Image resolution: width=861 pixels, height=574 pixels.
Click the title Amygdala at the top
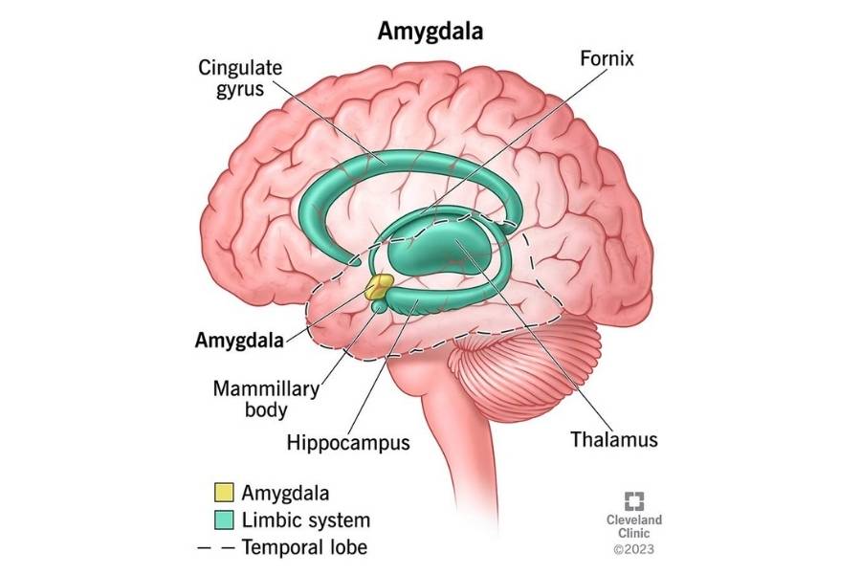click(430, 31)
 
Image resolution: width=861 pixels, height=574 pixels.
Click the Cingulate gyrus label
click(240, 78)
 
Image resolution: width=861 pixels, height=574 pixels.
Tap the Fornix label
click(607, 58)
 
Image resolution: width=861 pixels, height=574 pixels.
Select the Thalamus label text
click(614, 439)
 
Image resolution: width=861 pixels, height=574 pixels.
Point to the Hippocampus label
click(348, 443)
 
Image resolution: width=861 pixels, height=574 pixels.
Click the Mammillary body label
click(266, 399)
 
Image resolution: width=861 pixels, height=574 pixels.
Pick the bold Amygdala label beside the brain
click(239, 340)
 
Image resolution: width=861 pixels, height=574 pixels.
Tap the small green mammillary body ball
click(379, 306)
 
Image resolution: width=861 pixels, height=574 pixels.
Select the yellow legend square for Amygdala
click(224, 492)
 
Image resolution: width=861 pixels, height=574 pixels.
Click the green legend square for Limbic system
click(224, 519)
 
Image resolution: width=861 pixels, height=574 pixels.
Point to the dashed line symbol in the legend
click(216, 547)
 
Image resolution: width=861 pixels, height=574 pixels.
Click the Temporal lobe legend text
click(305, 547)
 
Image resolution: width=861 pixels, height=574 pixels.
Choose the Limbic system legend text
click(306, 520)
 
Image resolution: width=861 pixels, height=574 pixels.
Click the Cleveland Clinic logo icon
click(634, 501)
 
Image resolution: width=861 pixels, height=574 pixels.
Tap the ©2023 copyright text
click(634, 549)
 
